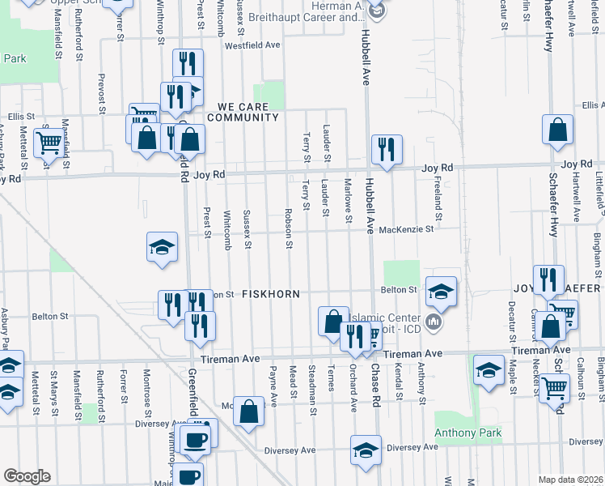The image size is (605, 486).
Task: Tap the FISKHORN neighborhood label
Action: [271, 294]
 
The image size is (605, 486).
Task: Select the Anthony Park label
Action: [468, 433]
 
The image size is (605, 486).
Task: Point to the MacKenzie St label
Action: [406, 229]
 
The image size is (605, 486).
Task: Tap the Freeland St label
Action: [438, 201]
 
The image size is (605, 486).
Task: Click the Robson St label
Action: [288, 229]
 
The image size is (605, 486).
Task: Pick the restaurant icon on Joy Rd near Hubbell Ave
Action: [386, 149]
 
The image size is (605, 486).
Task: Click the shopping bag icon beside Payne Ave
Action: [249, 410]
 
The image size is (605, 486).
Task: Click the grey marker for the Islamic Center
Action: [434, 323]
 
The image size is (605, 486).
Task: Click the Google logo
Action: [27, 476]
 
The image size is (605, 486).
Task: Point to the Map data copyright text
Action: [570, 480]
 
